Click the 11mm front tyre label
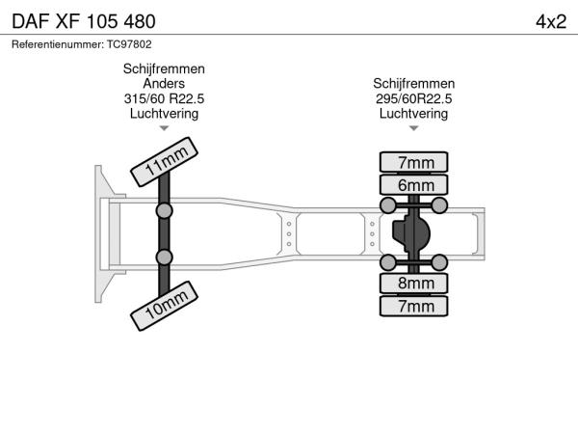tap(165, 159)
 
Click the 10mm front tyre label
tap(165, 305)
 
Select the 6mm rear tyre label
tap(414, 185)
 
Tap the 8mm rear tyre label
tap(414, 283)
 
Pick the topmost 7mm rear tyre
tap(414, 161)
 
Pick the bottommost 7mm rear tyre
tap(414, 307)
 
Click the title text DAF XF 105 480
tap(81, 21)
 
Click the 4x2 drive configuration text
tap(550, 21)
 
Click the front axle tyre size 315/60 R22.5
tap(164, 99)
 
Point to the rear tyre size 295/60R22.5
tap(414, 99)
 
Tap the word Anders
tap(164, 85)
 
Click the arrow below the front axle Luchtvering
tap(164, 128)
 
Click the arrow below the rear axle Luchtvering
tap(414, 128)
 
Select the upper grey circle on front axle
tap(165, 210)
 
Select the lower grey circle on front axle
tap(165, 257)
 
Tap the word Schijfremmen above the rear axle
tap(414, 85)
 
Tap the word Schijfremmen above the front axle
tap(164, 70)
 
